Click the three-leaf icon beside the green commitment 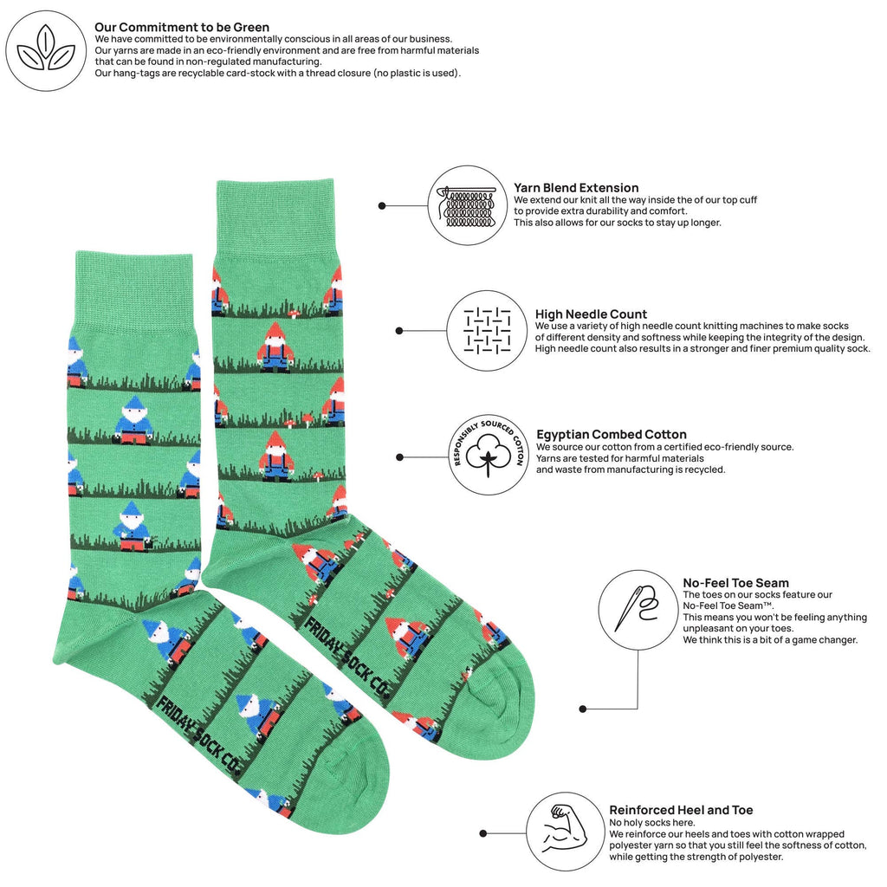pyautogui.click(x=46, y=50)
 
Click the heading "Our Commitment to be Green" pyautogui.click(x=182, y=27)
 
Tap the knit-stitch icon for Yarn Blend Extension pyautogui.click(x=468, y=205)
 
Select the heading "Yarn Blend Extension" pyautogui.click(x=576, y=188)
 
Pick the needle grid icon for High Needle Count pyautogui.click(x=487, y=331)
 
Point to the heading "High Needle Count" pyautogui.click(x=591, y=314)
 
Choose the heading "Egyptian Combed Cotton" pyautogui.click(x=611, y=435)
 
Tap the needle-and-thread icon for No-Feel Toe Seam pyautogui.click(x=638, y=610)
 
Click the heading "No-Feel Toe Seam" pyautogui.click(x=735, y=583)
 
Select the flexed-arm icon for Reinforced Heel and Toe pyautogui.click(x=566, y=832)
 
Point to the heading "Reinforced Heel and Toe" pyautogui.click(x=681, y=810)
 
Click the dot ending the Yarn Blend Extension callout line pyautogui.click(x=382, y=206)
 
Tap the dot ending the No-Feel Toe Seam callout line pyautogui.click(x=583, y=709)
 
